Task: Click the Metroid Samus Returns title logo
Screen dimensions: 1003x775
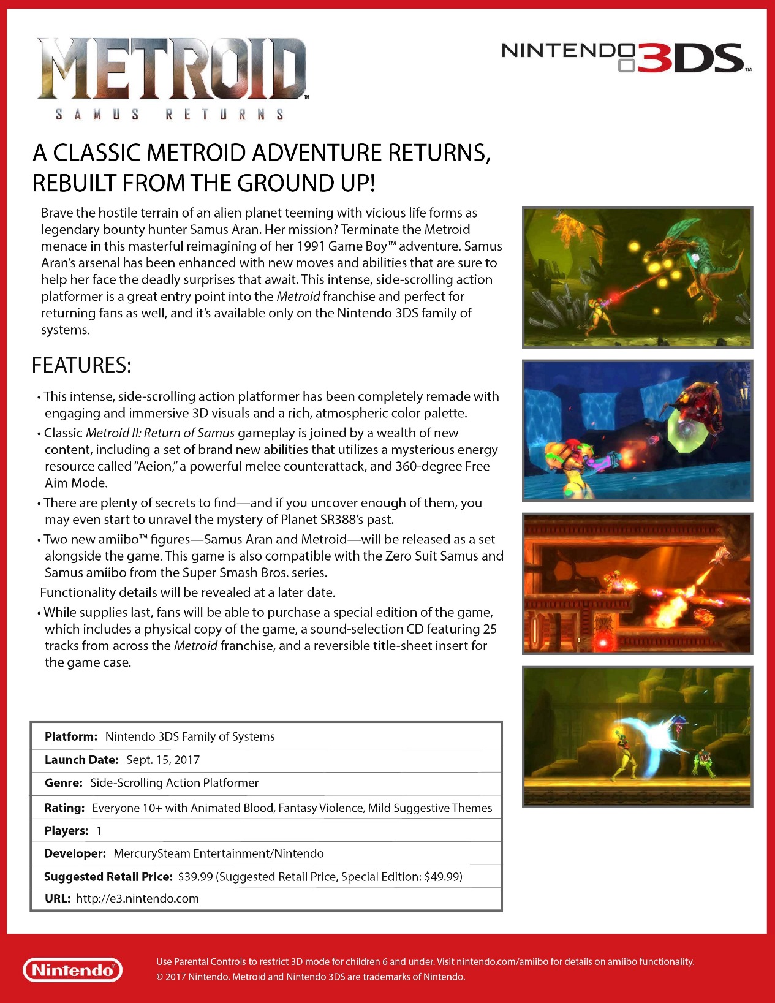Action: click(x=172, y=77)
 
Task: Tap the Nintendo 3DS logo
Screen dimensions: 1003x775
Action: click(x=625, y=58)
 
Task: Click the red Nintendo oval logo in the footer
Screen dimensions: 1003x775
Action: click(x=72, y=970)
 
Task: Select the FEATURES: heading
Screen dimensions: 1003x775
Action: click(x=81, y=365)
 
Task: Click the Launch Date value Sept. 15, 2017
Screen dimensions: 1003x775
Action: click(x=163, y=760)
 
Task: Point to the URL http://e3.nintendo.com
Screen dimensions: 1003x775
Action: click(x=137, y=898)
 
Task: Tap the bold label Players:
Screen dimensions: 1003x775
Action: click(x=66, y=830)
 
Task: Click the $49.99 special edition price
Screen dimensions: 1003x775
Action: click(x=442, y=876)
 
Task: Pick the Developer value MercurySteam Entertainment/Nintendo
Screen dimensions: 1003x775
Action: click(x=219, y=853)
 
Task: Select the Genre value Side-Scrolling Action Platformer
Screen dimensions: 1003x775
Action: click(x=175, y=782)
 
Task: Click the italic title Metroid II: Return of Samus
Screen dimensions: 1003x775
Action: click(x=160, y=433)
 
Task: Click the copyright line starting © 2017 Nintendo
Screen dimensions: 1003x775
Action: click(x=311, y=977)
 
